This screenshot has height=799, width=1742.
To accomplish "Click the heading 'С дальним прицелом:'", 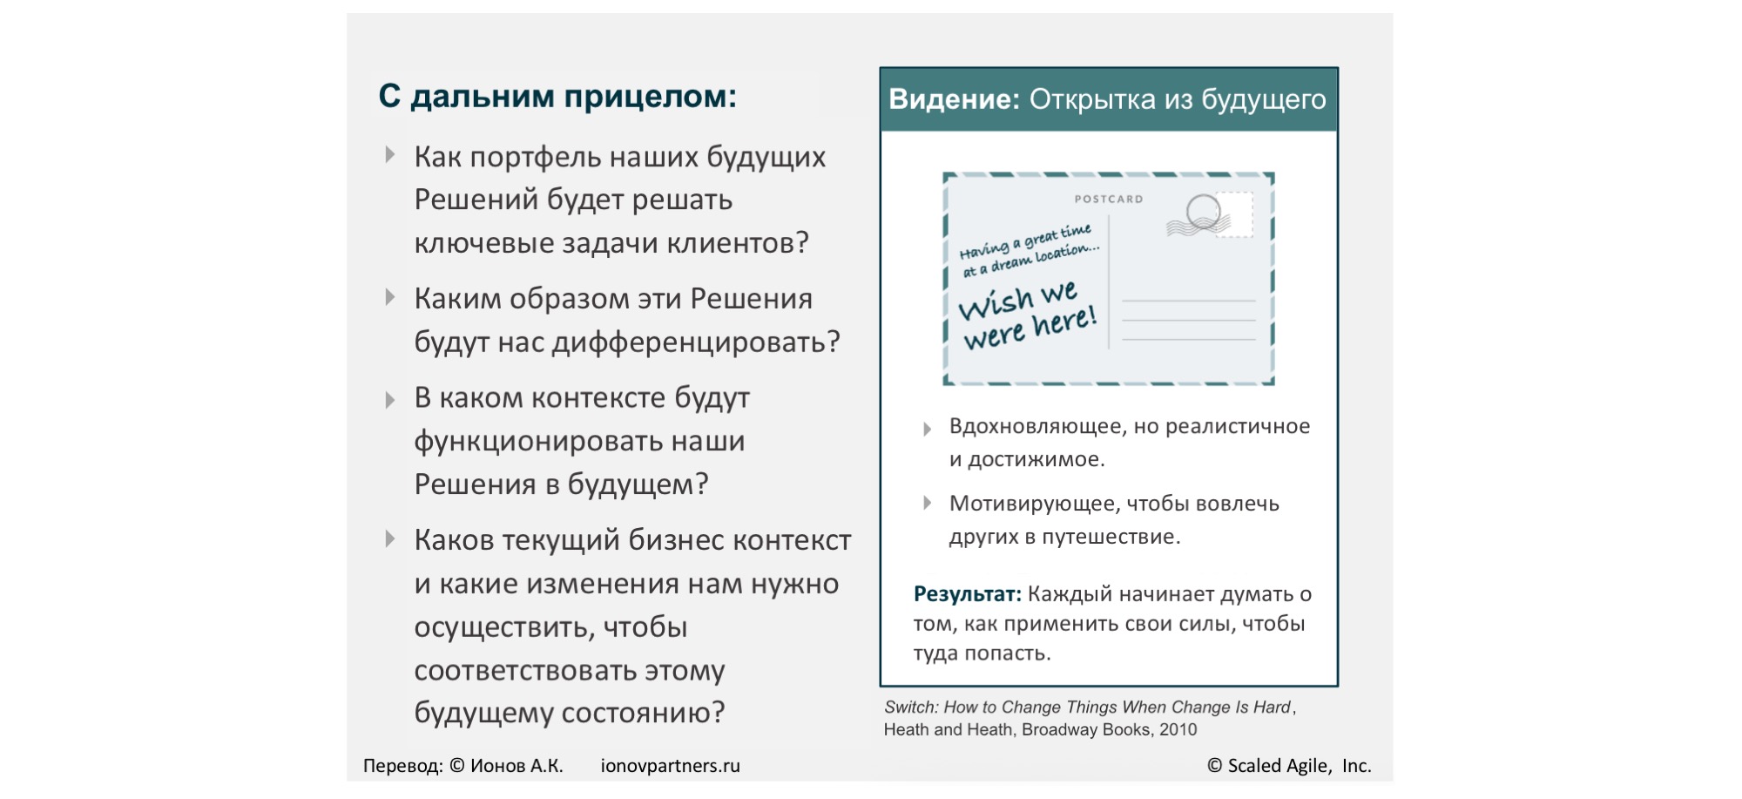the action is (557, 96).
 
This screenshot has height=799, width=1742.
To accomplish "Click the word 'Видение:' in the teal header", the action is (954, 99).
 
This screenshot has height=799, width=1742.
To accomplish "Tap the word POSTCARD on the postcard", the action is (1109, 200).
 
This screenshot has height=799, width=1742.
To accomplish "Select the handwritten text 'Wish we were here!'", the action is (1028, 315).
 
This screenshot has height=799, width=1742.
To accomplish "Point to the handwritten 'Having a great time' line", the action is (1025, 241).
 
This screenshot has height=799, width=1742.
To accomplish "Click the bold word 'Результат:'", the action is (967, 594).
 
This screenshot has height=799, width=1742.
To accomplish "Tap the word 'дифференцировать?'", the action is (696, 342).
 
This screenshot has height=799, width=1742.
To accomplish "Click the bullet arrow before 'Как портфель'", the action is (390, 156).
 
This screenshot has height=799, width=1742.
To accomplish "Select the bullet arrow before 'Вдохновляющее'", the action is (928, 428).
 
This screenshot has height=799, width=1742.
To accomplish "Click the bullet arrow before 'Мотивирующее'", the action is (928, 503).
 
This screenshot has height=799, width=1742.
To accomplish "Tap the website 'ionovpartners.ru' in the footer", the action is (670, 766).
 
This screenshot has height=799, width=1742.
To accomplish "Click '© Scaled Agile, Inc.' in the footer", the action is (1289, 766).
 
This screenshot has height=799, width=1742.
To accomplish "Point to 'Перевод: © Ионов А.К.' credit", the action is (463, 766).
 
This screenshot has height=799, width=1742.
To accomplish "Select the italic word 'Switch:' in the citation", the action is (912, 708).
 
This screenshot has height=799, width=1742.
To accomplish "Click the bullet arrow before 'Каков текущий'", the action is (390, 539).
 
